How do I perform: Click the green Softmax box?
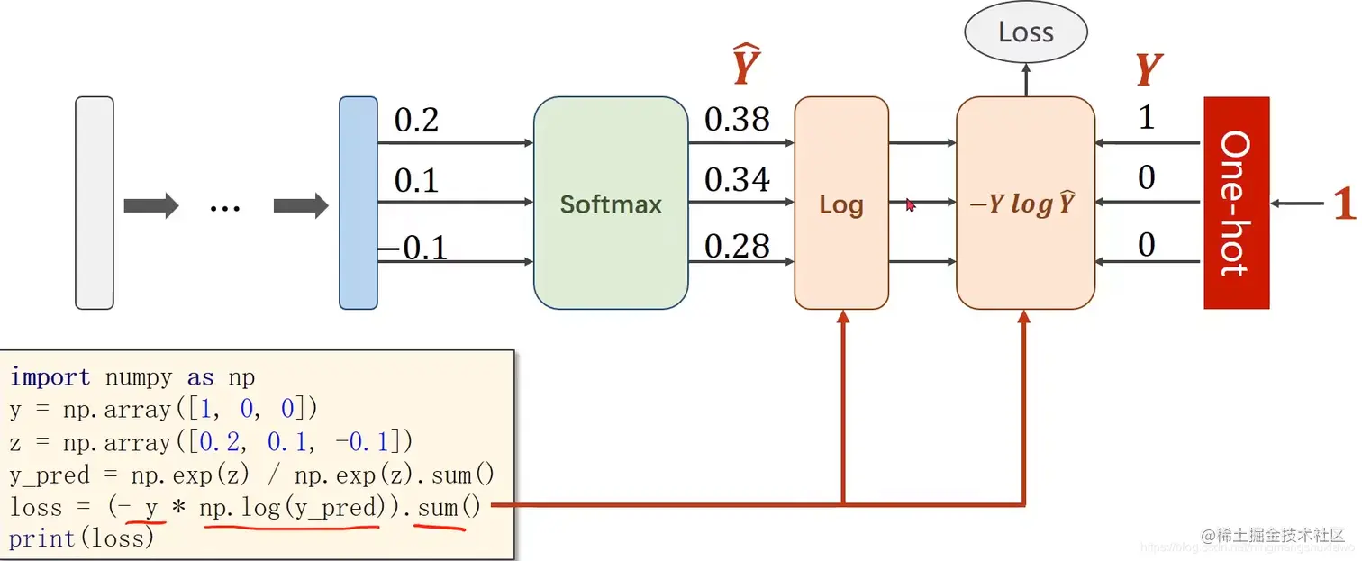pyautogui.click(x=611, y=204)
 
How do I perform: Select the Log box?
pyautogui.click(x=841, y=204)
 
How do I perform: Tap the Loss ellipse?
pyautogui.click(x=1025, y=33)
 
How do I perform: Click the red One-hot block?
pyautogui.click(x=1236, y=203)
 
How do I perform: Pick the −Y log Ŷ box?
pyautogui.click(x=1025, y=204)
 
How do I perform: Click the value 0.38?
pyautogui.click(x=737, y=119)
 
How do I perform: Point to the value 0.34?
pyautogui.click(x=737, y=180)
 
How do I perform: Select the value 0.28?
pyautogui.click(x=737, y=246)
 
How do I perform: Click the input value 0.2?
pyautogui.click(x=416, y=120)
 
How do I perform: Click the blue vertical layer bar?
pyautogui.click(x=358, y=203)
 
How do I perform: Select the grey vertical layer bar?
pyautogui.click(x=95, y=203)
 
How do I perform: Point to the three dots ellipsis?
pyautogui.click(x=224, y=207)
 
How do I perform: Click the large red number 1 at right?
pyautogui.click(x=1344, y=204)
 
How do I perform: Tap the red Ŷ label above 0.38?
pyautogui.click(x=746, y=67)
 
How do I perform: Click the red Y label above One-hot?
pyautogui.click(x=1148, y=69)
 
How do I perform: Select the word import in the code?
pyautogui.click(x=50, y=376)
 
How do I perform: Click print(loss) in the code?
pyautogui.click(x=81, y=538)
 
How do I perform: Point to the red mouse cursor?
pyautogui.click(x=911, y=205)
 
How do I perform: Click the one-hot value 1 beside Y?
pyautogui.click(x=1146, y=118)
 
